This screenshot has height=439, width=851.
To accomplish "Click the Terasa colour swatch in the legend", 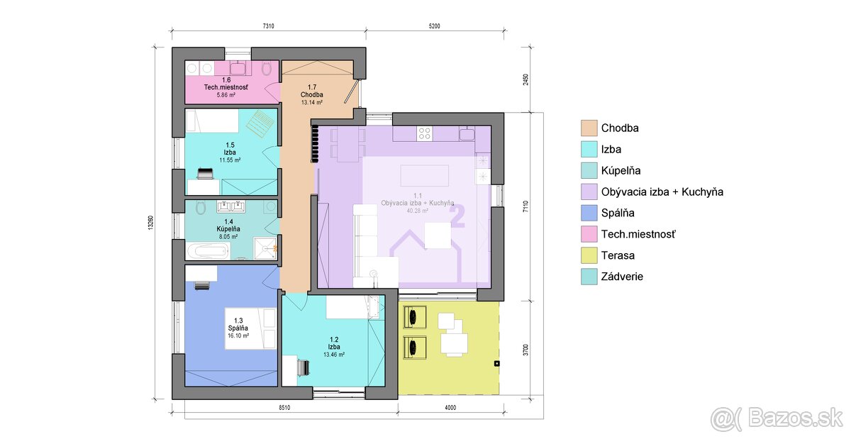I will tap(589, 255).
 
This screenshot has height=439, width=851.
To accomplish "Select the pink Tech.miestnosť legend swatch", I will tap(589, 234).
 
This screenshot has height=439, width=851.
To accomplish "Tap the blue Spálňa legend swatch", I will tap(589, 213).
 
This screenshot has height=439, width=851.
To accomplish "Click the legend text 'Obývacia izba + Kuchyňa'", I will tap(662, 191).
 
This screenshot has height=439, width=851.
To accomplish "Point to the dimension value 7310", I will tap(268, 26).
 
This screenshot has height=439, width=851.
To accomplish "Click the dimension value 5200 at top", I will tap(434, 26).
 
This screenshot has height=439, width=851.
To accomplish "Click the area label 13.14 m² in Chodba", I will tap(312, 102).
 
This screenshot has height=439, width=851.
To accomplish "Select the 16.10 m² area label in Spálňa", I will tap(238, 335).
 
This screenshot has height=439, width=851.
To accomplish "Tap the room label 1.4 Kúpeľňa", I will tap(228, 226).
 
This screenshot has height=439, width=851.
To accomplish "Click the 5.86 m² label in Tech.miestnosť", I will tap(226, 94).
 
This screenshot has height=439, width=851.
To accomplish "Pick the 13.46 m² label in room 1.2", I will tap(333, 355).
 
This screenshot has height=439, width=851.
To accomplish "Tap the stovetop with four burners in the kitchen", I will tap(425, 132).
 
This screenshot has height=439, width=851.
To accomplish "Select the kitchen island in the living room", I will tap(425, 174).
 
